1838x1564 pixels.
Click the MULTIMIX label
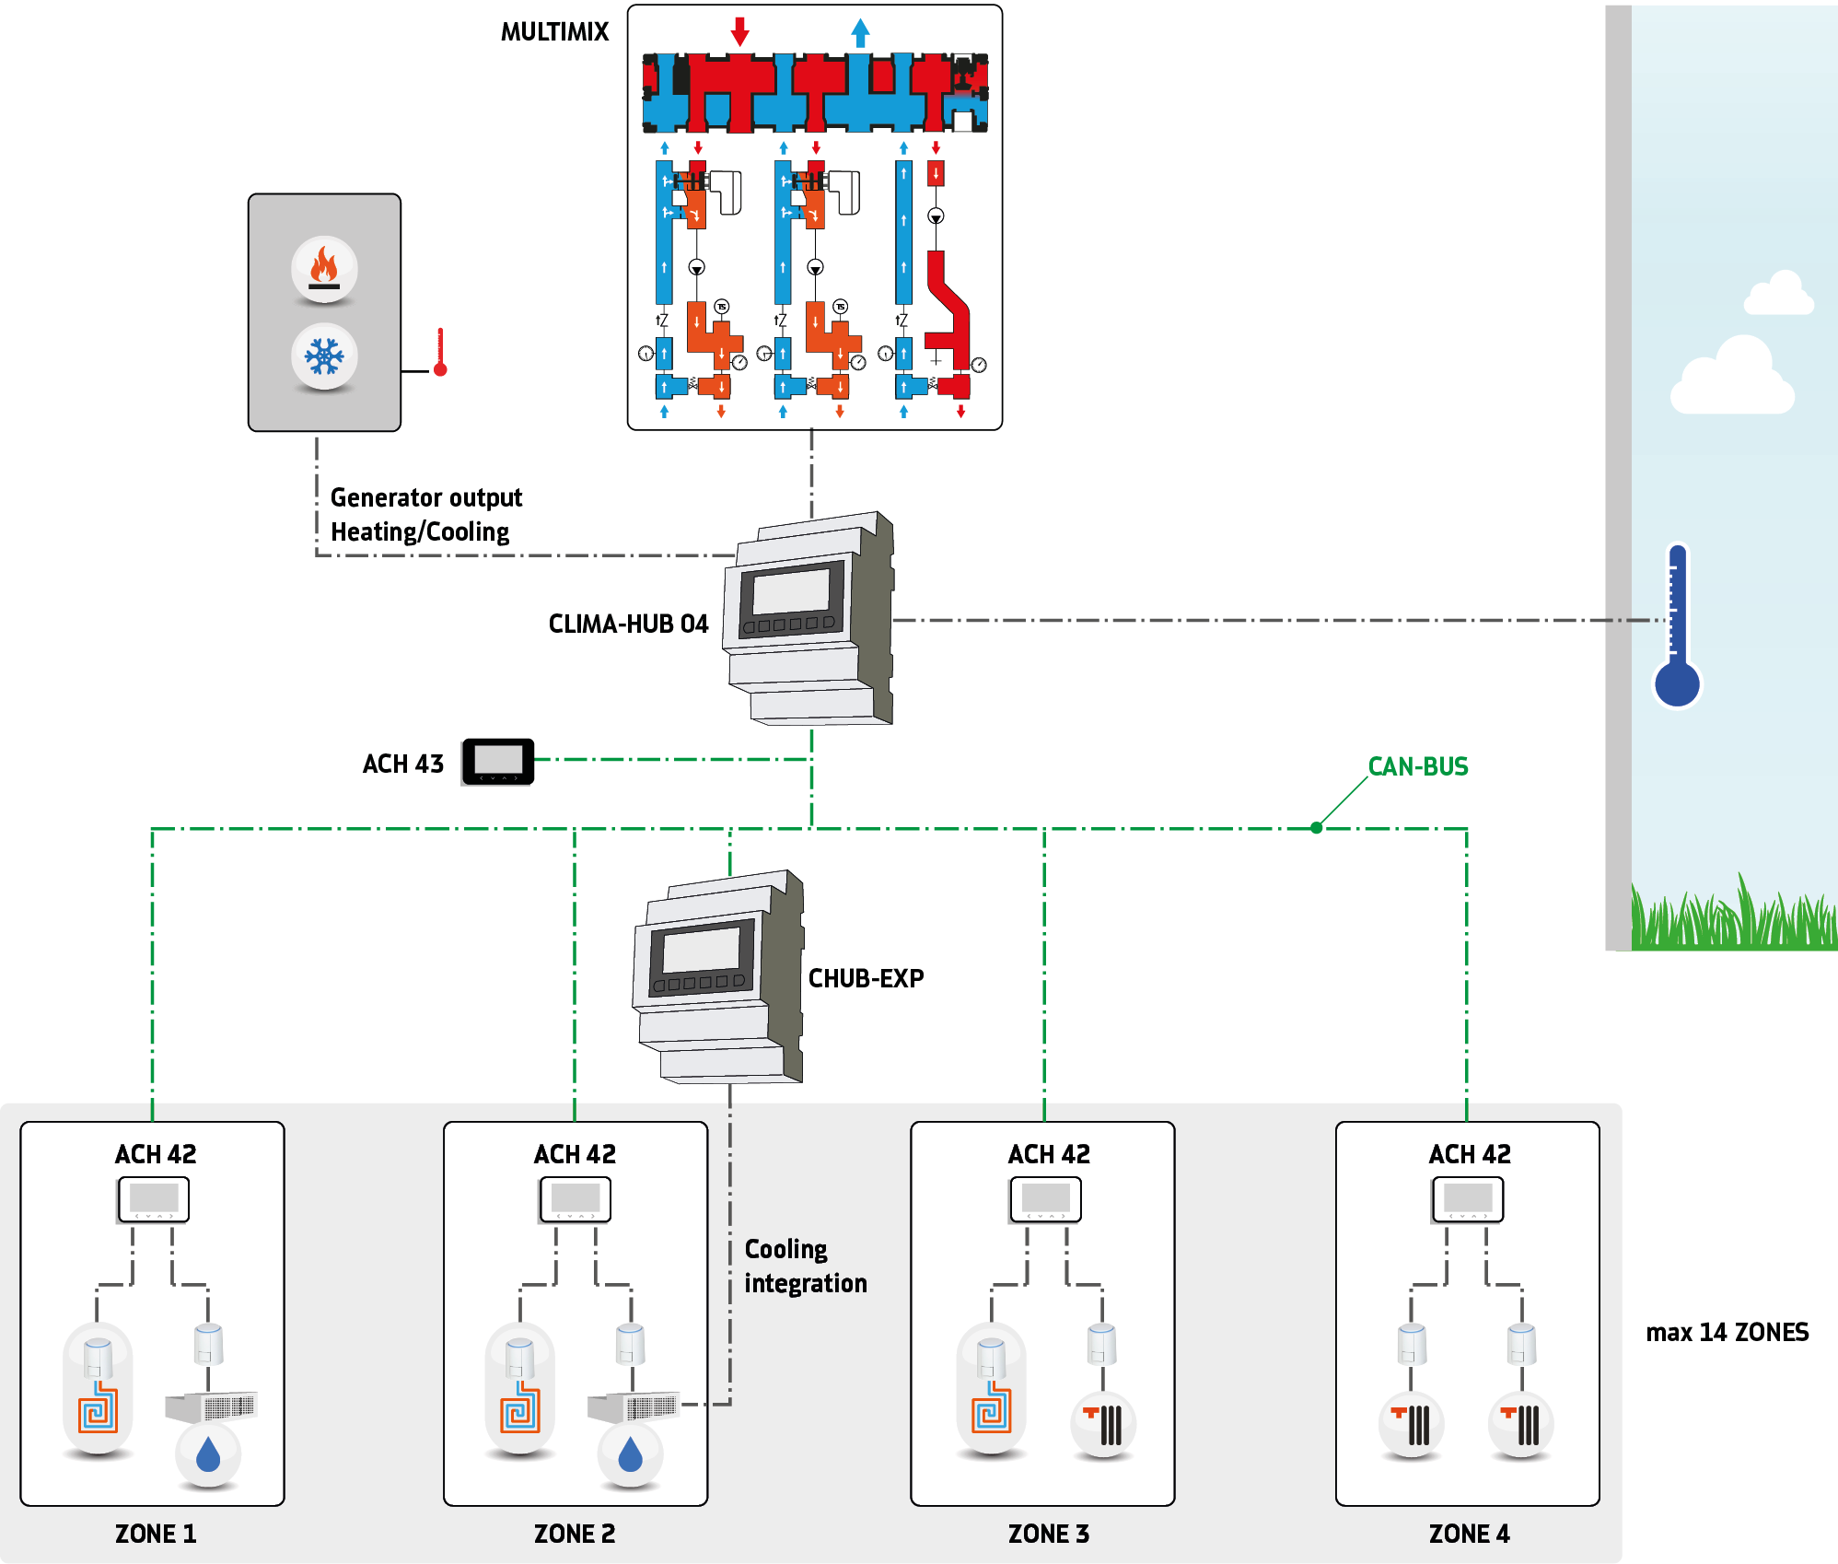click(x=554, y=32)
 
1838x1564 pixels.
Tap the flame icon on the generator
click(x=324, y=268)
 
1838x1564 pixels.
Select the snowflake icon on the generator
click(x=324, y=356)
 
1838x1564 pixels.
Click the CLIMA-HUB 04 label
click(x=628, y=624)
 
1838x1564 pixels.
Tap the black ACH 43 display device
click(x=498, y=761)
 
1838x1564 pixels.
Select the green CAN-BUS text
click(x=1417, y=766)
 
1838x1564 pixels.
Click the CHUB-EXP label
click(x=866, y=978)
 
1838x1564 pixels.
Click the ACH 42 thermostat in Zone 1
click(x=153, y=1199)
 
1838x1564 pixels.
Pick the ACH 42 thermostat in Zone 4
click(x=1467, y=1199)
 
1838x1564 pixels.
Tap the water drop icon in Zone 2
click(x=630, y=1455)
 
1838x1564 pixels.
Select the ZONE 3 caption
click(x=1048, y=1534)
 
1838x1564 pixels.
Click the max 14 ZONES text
click(x=1727, y=1332)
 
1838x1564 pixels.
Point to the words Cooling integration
click(x=805, y=1266)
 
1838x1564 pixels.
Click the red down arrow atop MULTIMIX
click(x=739, y=31)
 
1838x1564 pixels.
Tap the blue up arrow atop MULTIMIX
click(x=860, y=32)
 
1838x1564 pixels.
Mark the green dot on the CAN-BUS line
click(x=1317, y=828)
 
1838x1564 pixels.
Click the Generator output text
click(x=425, y=497)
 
